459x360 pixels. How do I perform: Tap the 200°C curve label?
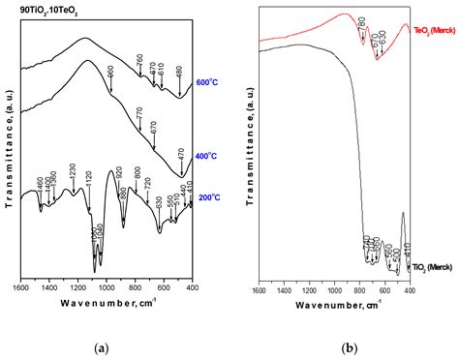click(206, 197)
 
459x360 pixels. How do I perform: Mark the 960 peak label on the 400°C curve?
click(110, 74)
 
